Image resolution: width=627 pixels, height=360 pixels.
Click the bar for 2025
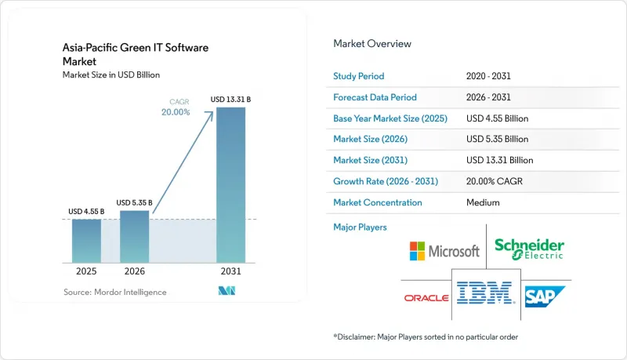click(x=86, y=241)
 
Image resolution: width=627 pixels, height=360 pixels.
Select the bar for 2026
click(x=134, y=236)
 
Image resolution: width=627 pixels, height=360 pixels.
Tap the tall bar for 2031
click(x=230, y=185)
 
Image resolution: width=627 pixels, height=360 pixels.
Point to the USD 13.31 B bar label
click(x=230, y=99)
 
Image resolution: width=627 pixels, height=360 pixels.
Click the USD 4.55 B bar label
click(x=86, y=211)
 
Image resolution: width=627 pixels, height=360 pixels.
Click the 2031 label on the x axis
click(x=230, y=271)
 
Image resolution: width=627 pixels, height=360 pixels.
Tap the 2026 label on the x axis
click(x=134, y=271)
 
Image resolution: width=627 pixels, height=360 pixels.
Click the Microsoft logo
click(x=444, y=251)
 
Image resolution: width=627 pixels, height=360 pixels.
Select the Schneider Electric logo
click(x=530, y=249)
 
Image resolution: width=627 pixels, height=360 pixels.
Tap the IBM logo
click(x=485, y=293)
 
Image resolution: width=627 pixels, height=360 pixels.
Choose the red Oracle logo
click(x=426, y=298)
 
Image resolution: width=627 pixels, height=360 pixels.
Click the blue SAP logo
click(x=545, y=296)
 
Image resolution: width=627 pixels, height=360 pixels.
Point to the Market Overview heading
click(x=372, y=44)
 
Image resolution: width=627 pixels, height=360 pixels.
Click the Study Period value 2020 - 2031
click(x=488, y=76)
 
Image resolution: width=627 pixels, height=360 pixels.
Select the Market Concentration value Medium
click(x=483, y=202)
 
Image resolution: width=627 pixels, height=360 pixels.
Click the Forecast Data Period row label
click(x=375, y=97)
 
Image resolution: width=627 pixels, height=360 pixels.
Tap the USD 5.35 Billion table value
click(x=497, y=139)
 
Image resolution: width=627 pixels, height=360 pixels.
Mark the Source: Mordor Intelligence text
click(x=114, y=292)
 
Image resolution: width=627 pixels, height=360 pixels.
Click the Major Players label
click(x=360, y=227)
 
